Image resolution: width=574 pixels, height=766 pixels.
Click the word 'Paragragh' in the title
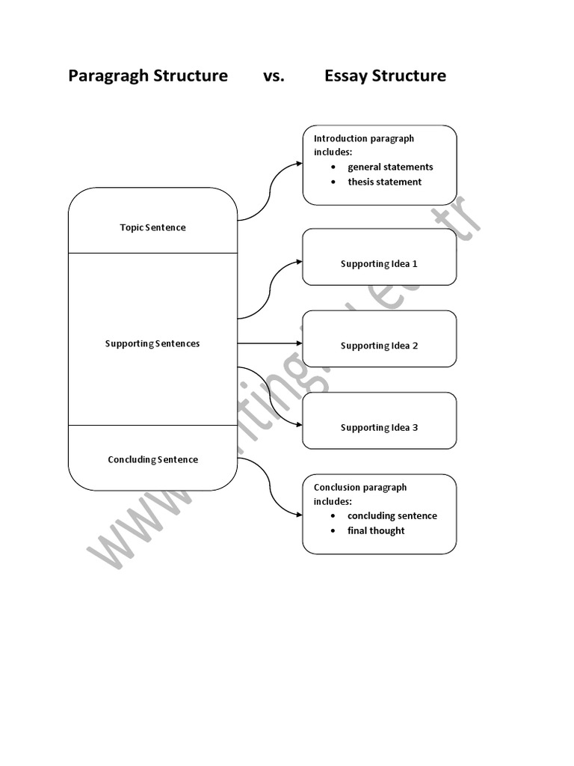(x=109, y=76)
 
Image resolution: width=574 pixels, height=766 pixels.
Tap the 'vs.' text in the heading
(x=274, y=76)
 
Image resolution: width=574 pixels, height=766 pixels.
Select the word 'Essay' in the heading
(x=349, y=76)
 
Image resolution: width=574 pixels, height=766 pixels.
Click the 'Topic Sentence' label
(x=152, y=227)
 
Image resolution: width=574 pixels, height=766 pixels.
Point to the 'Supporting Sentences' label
(x=152, y=344)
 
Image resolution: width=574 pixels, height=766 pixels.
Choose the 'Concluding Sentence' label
(x=152, y=460)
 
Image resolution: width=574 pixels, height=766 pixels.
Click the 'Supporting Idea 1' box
(x=379, y=264)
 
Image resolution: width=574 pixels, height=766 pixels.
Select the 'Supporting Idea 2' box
(x=379, y=346)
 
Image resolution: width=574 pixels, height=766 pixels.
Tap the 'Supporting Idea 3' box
(x=379, y=428)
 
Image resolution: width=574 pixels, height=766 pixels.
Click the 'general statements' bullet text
(x=390, y=167)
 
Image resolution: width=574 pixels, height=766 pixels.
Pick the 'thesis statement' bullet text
(x=384, y=182)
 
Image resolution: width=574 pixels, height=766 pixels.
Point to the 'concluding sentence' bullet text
(x=392, y=516)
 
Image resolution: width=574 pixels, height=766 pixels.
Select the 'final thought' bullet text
(x=376, y=531)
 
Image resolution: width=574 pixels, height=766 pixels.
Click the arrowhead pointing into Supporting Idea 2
(x=299, y=344)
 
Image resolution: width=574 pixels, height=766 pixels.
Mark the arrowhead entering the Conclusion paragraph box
(x=299, y=514)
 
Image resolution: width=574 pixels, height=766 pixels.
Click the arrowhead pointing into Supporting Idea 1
(x=299, y=262)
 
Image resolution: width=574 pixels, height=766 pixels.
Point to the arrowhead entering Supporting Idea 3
(x=299, y=425)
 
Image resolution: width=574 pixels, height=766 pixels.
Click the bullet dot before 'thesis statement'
(x=333, y=182)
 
